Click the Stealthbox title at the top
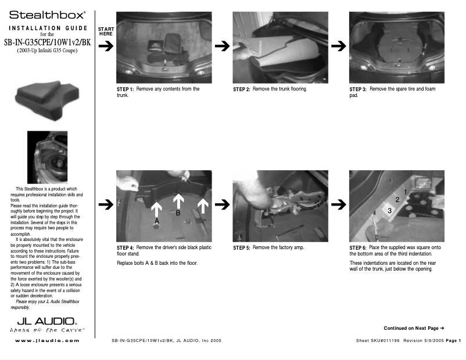[48, 13]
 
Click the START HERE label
[106, 31]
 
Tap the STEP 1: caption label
[126, 89]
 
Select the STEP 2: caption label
[242, 89]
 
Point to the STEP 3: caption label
[358, 89]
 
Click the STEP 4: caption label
[126, 248]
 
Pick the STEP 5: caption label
[242, 248]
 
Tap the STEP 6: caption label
[358, 248]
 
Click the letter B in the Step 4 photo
[178, 213]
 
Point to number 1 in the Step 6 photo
[405, 192]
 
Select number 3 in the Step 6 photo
[389, 211]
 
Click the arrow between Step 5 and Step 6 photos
[338, 204]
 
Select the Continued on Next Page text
[414, 328]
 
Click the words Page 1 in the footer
[453, 340]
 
